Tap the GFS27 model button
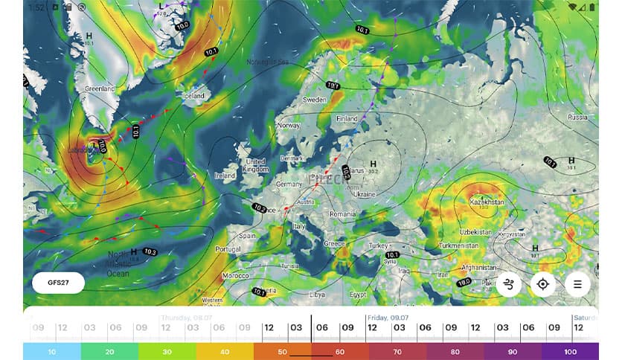(x=58, y=283)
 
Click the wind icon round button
(x=509, y=284)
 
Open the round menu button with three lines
(x=577, y=284)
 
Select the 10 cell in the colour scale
(x=51, y=351)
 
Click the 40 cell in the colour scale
(x=225, y=351)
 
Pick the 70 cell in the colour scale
(x=397, y=351)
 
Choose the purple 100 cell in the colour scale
(x=570, y=351)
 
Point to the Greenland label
(x=99, y=89)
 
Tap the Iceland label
(x=193, y=96)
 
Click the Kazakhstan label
(x=487, y=202)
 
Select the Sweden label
(x=314, y=100)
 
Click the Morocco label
(x=236, y=275)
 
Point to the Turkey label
(x=378, y=245)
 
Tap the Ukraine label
(x=365, y=194)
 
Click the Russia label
(x=577, y=117)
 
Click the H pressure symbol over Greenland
(x=89, y=35)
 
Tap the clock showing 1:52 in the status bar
(x=36, y=7)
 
